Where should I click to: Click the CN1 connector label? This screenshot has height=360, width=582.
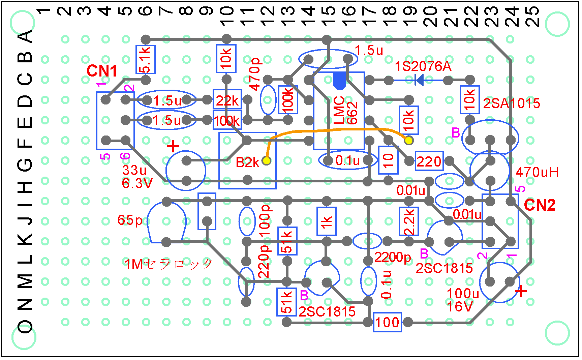(x=102, y=71)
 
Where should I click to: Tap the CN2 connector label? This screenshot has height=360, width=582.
(x=540, y=205)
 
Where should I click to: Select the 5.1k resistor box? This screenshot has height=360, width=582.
(x=146, y=59)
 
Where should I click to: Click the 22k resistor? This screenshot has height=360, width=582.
(x=227, y=100)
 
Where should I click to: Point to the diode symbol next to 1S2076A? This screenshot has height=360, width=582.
(x=419, y=80)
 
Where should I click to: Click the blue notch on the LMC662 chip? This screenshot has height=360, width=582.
(x=339, y=81)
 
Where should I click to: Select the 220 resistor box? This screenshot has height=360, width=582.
(x=429, y=161)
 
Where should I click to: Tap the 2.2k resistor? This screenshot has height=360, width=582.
(x=409, y=221)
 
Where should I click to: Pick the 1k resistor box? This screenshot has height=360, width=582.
(x=327, y=221)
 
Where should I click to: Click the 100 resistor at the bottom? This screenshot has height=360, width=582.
(x=388, y=322)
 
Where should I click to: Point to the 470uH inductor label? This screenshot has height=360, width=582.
(x=537, y=172)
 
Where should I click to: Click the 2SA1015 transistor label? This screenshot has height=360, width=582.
(x=511, y=103)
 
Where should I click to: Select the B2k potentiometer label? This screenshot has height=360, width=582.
(x=247, y=163)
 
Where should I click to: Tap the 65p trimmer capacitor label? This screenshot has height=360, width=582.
(x=130, y=220)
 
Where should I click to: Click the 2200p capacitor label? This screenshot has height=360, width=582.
(x=393, y=257)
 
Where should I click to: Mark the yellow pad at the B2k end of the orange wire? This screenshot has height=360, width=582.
(x=267, y=161)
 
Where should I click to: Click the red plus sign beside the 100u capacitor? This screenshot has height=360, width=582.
(x=521, y=291)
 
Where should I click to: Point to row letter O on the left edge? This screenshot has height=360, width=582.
(x=25, y=327)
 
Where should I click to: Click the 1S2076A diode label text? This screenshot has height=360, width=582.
(x=423, y=66)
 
